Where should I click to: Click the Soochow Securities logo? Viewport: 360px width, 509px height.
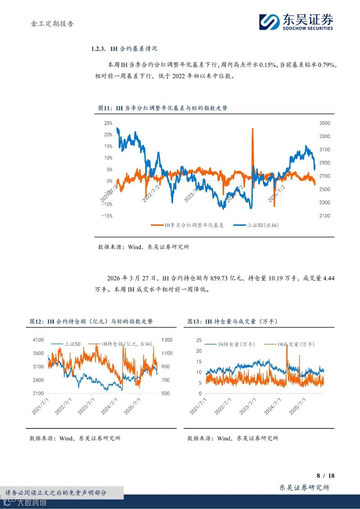pyautogui.click(x=296, y=22)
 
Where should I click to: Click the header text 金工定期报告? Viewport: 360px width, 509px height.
pyautogui.click(x=52, y=24)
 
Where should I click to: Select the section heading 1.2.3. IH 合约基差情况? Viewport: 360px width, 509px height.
pyautogui.click(x=124, y=49)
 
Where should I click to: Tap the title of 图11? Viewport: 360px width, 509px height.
pyautogui.click(x=163, y=108)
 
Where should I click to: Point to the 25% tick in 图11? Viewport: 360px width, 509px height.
pyautogui.click(x=108, y=123)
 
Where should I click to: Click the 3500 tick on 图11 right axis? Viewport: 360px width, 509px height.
pyautogui.click(x=325, y=123)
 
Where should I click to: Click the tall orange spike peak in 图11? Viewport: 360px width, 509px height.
pyautogui.click(x=252, y=129)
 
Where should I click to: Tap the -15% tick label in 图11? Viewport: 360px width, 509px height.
pyautogui.click(x=107, y=216)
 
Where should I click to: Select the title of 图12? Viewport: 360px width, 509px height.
pyautogui.click(x=91, y=321)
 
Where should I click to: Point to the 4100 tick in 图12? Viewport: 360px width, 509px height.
pyautogui.click(x=38, y=340)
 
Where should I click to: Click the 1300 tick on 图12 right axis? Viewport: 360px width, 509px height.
pyautogui.click(x=167, y=340)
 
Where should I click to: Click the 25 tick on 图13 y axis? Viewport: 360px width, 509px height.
pyautogui.click(x=199, y=340)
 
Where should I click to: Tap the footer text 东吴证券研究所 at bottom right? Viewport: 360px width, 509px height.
pyautogui.click(x=304, y=488)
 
